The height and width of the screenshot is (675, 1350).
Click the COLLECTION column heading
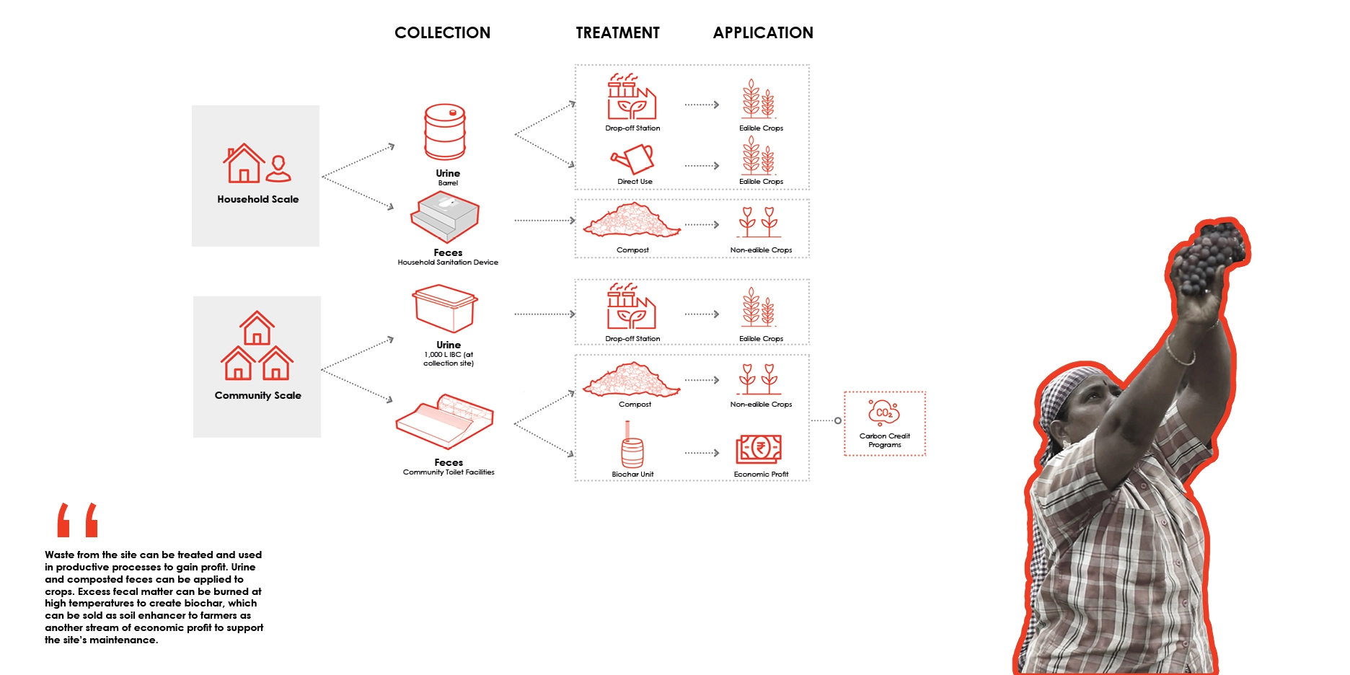442,33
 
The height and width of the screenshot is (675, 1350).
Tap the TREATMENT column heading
617,33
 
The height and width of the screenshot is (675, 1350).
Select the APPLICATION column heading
763,33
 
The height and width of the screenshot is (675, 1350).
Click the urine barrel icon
445,132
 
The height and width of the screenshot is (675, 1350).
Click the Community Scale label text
257,395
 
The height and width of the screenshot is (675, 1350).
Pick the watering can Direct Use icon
632,159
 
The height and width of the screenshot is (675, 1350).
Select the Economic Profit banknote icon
759,449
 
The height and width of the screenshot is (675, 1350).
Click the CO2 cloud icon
883,412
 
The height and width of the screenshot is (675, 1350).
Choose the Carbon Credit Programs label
885,441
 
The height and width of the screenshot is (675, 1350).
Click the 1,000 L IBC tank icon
445,308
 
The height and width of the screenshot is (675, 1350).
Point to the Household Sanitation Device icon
446,216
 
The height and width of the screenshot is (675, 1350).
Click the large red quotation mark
77,521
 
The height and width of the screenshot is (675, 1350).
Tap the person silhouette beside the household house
278,169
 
